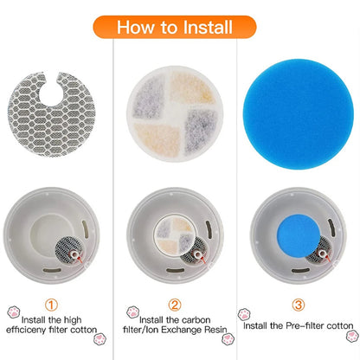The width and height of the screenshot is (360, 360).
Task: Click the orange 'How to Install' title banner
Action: point(179,26)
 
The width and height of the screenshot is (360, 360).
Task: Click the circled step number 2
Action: point(176,304)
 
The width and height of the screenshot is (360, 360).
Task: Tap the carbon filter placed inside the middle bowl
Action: point(175,229)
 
